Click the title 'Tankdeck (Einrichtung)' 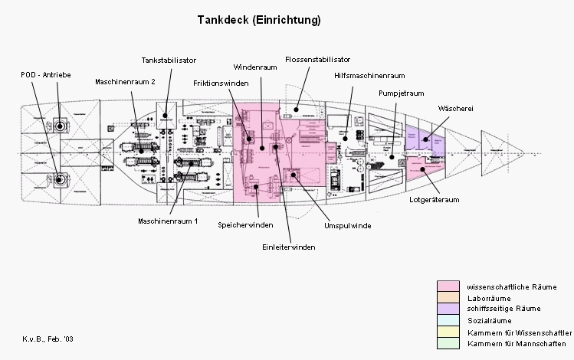pos(248,20)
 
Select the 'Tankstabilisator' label pos(169,60)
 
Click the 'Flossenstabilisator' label pos(317,59)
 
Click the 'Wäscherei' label pos(455,108)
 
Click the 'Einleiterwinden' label pos(289,247)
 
